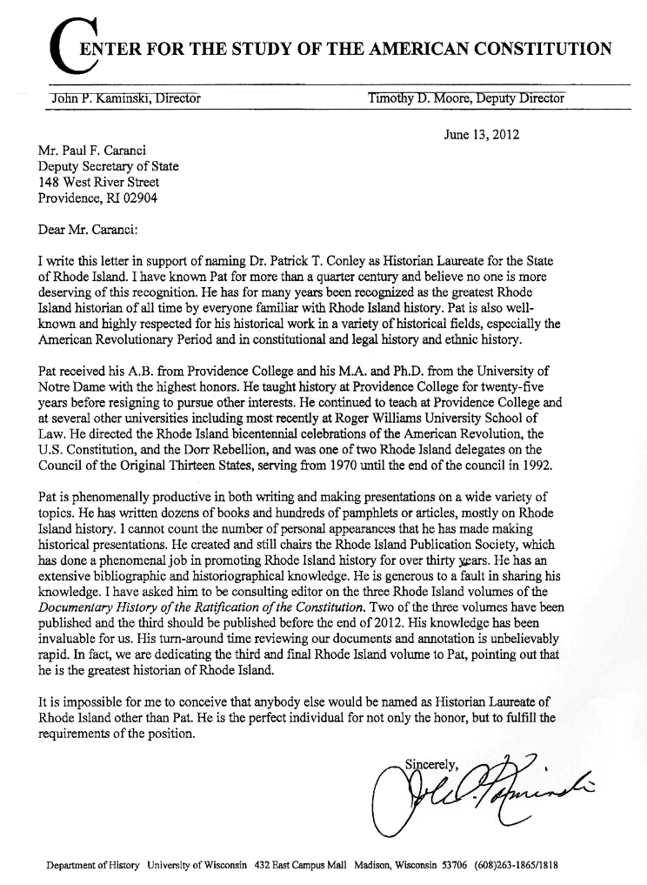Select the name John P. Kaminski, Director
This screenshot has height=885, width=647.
(127, 97)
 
